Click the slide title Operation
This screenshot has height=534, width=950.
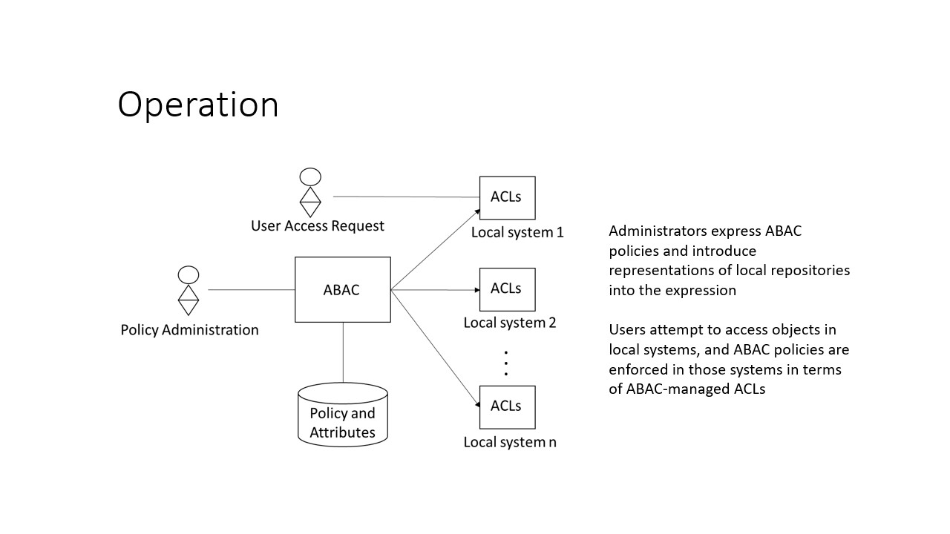[197, 105]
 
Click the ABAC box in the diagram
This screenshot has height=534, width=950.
[342, 290]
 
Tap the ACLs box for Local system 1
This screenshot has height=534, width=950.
[507, 197]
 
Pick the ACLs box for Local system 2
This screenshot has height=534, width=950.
[507, 289]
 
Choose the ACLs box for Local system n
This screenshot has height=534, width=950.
[507, 406]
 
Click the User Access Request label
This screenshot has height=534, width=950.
[317, 225]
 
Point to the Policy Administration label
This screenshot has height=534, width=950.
[189, 330]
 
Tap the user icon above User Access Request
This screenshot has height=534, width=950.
[309, 191]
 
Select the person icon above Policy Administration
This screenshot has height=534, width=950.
[189, 291]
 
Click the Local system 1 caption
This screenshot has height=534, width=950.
[517, 232]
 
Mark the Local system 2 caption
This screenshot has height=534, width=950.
[510, 323]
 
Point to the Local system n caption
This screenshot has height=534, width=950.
[510, 443]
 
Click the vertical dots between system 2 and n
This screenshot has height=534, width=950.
[506, 363]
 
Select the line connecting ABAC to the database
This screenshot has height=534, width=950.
[343, 352]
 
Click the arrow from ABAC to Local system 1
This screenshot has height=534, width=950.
[434, 251]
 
